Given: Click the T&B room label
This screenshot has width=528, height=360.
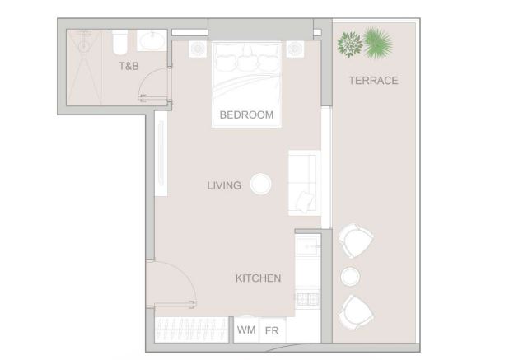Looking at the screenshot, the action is click(128, 66).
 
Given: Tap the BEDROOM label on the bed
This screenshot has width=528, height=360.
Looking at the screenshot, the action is click(246, 115).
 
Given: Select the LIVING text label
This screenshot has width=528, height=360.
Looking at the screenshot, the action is click(224, 185).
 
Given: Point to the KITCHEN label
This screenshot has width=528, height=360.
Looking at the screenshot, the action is click(259, 278).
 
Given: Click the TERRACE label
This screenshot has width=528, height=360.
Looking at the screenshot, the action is click(373, 81).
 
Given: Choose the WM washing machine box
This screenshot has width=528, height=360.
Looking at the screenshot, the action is click(246, 330).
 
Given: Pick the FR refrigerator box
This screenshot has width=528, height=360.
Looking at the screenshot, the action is click(272, 330).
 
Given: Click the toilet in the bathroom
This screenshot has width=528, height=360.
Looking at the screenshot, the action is click(120, 42).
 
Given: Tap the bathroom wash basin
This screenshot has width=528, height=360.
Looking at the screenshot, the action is click(152, 40).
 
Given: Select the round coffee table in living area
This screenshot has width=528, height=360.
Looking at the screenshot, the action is click(260, 185).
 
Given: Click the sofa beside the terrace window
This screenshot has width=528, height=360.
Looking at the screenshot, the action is click(304, 183).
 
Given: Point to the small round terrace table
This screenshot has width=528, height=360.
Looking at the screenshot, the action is click(350, 277).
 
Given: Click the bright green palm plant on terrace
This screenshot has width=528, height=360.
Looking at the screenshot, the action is click(378, 43).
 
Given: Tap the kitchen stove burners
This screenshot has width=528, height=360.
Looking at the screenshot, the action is click(307, 299).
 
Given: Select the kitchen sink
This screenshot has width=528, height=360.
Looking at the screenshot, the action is click(308, 245).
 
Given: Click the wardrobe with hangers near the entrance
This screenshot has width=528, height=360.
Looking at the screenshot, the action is click(191, 330).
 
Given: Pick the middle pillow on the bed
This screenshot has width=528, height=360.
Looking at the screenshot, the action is click(247, 61).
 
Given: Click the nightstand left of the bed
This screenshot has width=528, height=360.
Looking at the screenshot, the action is click(198, 49).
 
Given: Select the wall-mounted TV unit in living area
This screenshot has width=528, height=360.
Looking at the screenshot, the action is click(161, 153).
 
